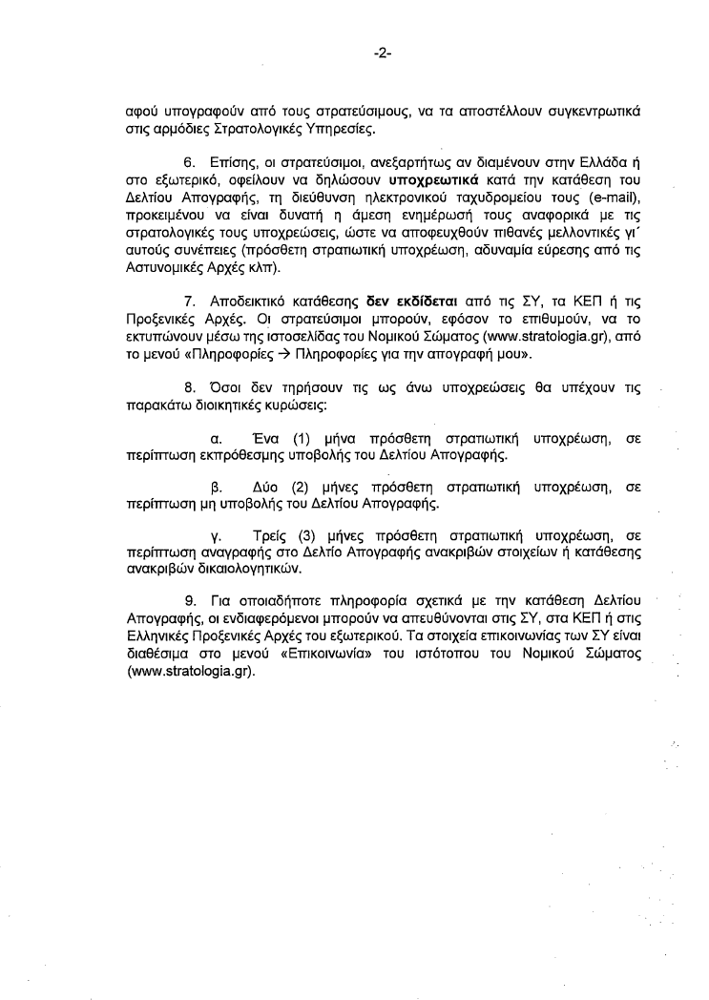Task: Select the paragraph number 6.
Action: coord(189,163)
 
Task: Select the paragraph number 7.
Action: coord(189,302)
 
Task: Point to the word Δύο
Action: coord(267,487)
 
